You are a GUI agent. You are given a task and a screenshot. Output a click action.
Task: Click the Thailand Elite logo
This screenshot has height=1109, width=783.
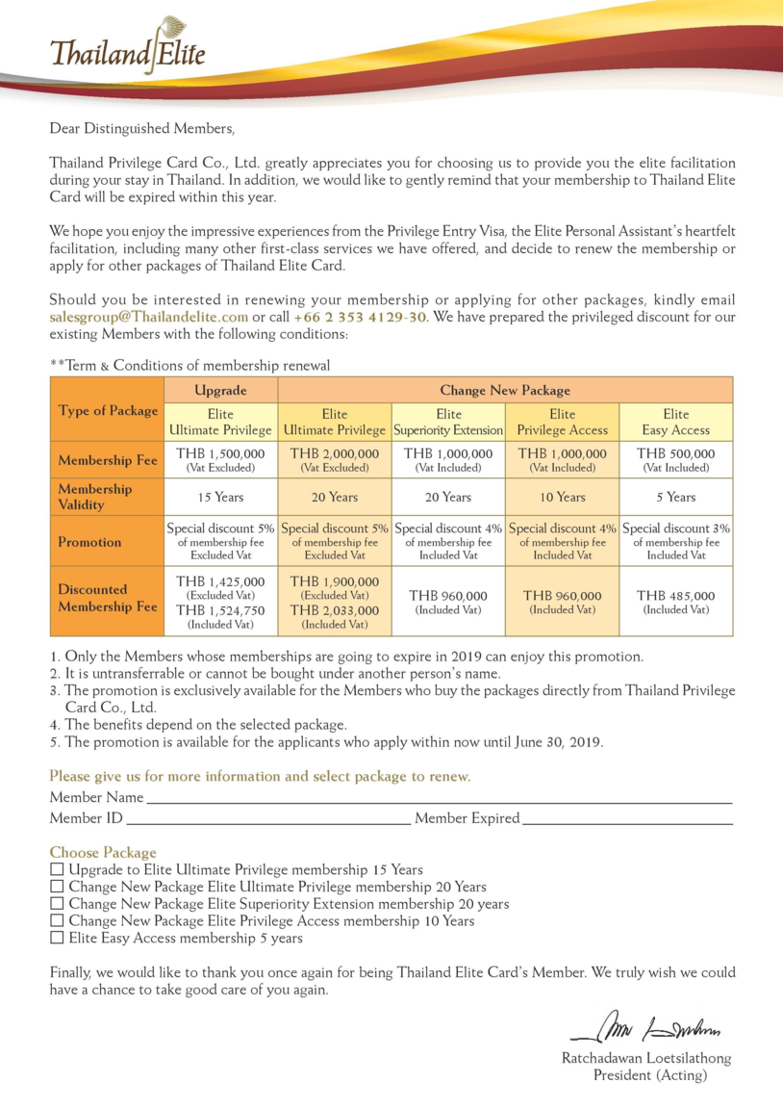click(x=127, y=48)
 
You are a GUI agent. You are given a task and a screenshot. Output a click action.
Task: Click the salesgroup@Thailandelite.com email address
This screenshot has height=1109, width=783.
click(x=148, y=317)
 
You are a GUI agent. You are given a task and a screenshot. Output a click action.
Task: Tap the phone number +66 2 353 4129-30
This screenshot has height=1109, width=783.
click(x=361, y=317)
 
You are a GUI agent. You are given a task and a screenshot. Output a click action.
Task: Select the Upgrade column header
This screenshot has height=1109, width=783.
click(x=221, y=390)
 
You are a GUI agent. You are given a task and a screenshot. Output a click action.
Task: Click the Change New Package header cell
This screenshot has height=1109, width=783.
click(x=505, y=390)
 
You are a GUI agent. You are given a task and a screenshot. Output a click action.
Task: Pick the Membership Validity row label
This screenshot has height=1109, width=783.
click(x=107, y=497)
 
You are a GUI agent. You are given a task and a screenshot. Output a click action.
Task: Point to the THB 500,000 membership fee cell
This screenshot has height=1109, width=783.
click(x=675, y=459)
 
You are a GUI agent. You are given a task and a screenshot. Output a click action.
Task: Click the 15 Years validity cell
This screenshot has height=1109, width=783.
click(x=221, y=497)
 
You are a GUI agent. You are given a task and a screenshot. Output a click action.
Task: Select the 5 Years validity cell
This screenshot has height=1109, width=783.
click(x=675, y=497)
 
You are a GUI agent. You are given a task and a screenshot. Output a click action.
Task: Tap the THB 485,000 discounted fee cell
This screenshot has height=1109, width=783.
click(x=675, y=601)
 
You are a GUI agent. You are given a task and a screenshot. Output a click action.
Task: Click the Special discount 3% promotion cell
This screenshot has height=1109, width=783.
click(x=675, y=541)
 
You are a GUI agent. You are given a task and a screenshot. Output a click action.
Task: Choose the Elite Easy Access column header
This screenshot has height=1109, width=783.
click(x=675, y=422)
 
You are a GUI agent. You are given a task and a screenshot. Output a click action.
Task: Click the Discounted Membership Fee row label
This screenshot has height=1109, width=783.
click(x=107, y=598)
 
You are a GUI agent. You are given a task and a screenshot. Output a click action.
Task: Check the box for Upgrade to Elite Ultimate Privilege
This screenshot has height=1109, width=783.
click(x=57, y=869)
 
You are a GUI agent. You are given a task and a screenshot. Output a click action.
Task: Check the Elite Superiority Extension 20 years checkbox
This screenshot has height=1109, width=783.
click(x=57, y=904)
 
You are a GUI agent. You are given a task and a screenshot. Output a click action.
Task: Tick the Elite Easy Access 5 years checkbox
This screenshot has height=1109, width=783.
click(x=57, y=938)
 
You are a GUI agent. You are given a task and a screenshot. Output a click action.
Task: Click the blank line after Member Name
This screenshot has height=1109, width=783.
click(x=438, y=799)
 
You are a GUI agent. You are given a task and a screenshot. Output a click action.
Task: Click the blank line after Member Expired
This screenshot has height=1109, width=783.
click(x=626, y=819)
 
